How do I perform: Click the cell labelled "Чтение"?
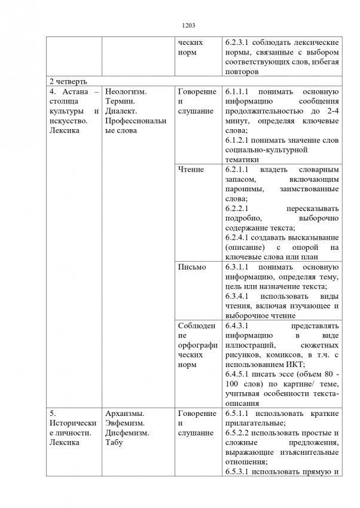[191, 169]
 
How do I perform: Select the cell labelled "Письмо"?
[192, 267]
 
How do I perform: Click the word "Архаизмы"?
[124, 413]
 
